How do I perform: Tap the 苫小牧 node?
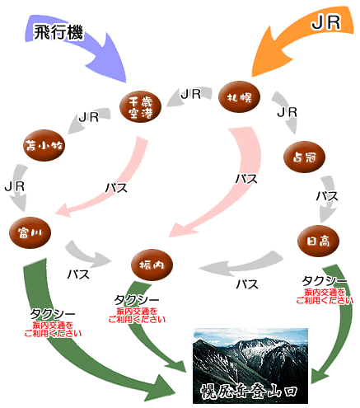pyautogui.click(x=44, y=148)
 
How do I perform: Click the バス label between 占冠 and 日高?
pyautogui.click(x=327, y=196)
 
